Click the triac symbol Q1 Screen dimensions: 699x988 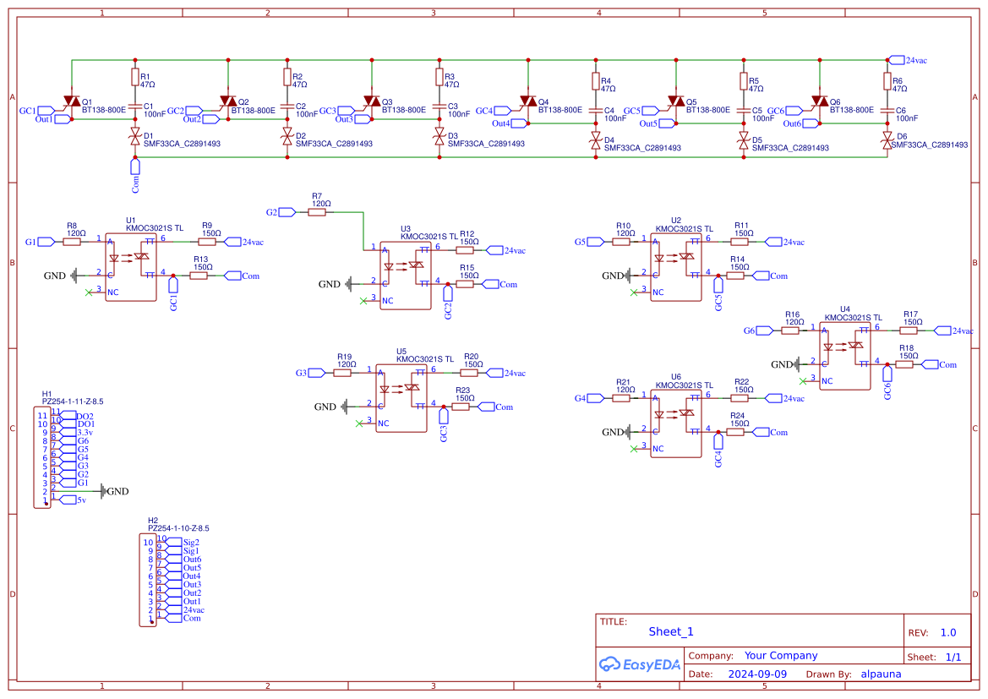click(x=72, y=102)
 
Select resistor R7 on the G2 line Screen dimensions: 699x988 click(x=317, y=213)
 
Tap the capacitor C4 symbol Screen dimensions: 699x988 click(x=595, y=111)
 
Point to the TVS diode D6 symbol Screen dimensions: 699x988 click(x=887, y=140)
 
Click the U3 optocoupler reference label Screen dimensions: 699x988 click(x=406, y=229)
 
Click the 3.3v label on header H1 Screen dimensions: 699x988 click(x=84, y=432)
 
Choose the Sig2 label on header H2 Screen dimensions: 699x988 click(x=190, y=542)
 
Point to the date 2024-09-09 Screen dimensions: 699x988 click(x=757, y=674)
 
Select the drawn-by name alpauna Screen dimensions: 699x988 click(x=881, y=674)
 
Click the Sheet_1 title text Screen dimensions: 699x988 click(x=670, y=631)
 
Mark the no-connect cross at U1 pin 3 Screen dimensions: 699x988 click(x=89, y=292)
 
